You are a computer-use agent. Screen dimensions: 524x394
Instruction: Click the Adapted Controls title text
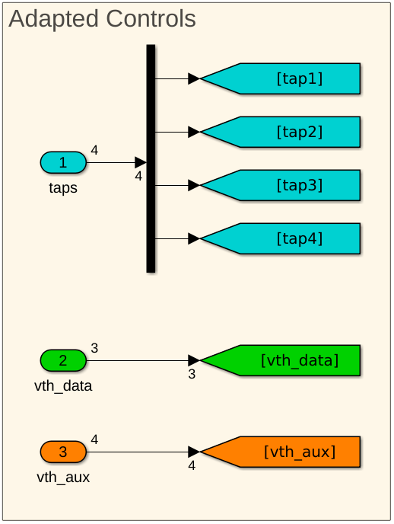pos(102,19)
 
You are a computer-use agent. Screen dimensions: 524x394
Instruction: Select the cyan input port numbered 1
pos(63,162)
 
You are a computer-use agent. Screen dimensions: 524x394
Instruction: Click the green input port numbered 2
pos(63,360)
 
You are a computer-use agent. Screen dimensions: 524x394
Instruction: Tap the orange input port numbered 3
pos(63,452)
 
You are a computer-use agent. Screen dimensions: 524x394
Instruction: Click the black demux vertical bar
pos(151,158)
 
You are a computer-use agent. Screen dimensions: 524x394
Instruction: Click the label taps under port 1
pos(63,187)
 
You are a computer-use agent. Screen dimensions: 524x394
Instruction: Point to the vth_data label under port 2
pos(63,386)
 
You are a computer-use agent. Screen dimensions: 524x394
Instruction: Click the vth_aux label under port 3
pos(63,478)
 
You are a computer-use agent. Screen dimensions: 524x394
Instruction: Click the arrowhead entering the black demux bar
pos(140,162)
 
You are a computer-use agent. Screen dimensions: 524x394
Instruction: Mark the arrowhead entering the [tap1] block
pos(193,78)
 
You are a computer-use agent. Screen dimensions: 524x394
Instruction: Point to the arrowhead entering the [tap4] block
pos(193,238)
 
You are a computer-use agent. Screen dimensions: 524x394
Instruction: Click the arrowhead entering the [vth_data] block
pos(193,360)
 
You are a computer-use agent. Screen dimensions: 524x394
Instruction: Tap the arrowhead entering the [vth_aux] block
pos(193,452)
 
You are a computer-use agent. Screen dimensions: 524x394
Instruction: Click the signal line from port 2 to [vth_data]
pos(137,360)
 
